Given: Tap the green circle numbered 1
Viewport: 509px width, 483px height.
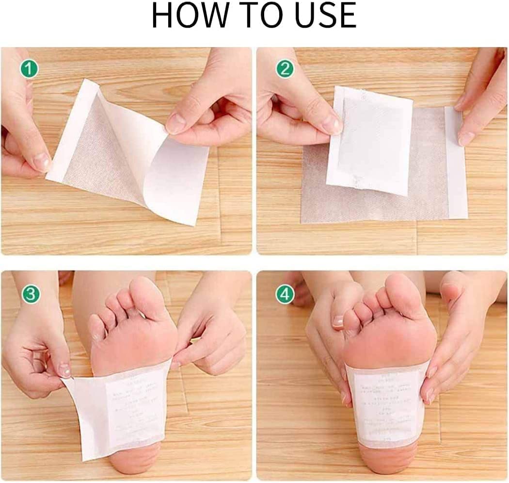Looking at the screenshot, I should [x=29, y=70].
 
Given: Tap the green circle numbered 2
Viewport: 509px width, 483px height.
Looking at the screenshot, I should [x=285, y=69].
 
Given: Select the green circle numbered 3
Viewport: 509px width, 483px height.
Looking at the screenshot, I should [x=30, y=294].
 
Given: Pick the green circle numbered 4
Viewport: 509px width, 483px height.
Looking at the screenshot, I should [x=285, y=294].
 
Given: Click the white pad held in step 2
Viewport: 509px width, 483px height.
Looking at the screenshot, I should [x=371, y=141].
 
